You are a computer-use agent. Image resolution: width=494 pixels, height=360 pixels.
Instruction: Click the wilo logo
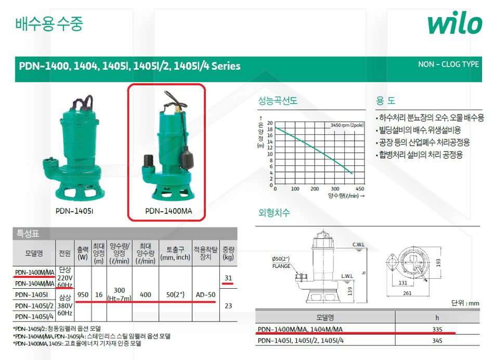tap(455, 22)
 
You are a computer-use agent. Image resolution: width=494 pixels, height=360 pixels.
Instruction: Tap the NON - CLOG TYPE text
tap(448, 65)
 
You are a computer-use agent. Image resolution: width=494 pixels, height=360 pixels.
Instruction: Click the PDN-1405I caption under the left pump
tap(74, 211)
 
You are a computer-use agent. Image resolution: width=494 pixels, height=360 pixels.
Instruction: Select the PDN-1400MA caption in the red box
tap(168, 211)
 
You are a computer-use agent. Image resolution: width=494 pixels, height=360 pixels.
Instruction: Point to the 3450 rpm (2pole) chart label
tap(347, 125)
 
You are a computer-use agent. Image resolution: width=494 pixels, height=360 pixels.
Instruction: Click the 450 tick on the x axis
tap(360, 189)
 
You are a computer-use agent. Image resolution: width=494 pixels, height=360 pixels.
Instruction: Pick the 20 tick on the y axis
tap(270, 123)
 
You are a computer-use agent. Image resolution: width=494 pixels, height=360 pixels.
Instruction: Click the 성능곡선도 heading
tap(278, 100)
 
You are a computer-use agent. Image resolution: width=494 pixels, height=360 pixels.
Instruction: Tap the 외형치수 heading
tap(274, 212)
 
